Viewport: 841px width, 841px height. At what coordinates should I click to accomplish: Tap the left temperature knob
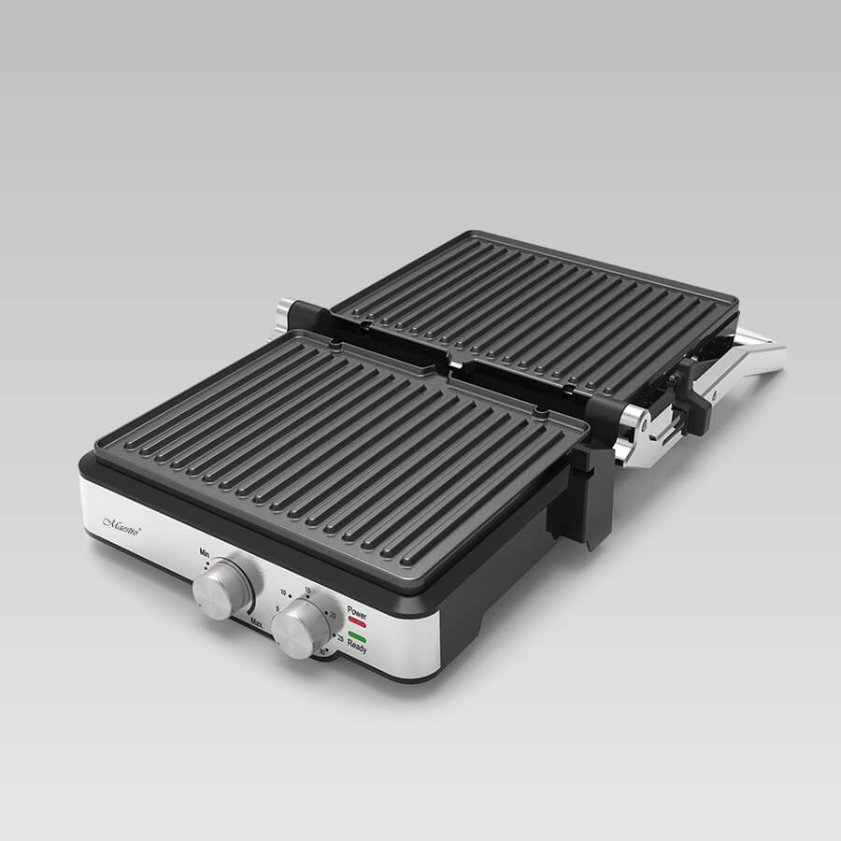click(x=222, y=588)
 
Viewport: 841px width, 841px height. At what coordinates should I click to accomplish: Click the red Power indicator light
click(x=357, y=620)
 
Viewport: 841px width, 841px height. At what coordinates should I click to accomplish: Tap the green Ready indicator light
click(x=357, y=638)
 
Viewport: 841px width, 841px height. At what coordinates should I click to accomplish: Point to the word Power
click(x=357, y=610)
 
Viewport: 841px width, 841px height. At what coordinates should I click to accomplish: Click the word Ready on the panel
click(x=356, y=649)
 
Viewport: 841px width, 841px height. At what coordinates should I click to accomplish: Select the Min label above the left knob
click(x=204, y=553)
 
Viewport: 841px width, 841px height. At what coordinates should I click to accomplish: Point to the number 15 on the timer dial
click(x=306, y=592)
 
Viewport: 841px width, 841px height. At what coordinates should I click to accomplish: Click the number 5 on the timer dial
click(x=276, y=611)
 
